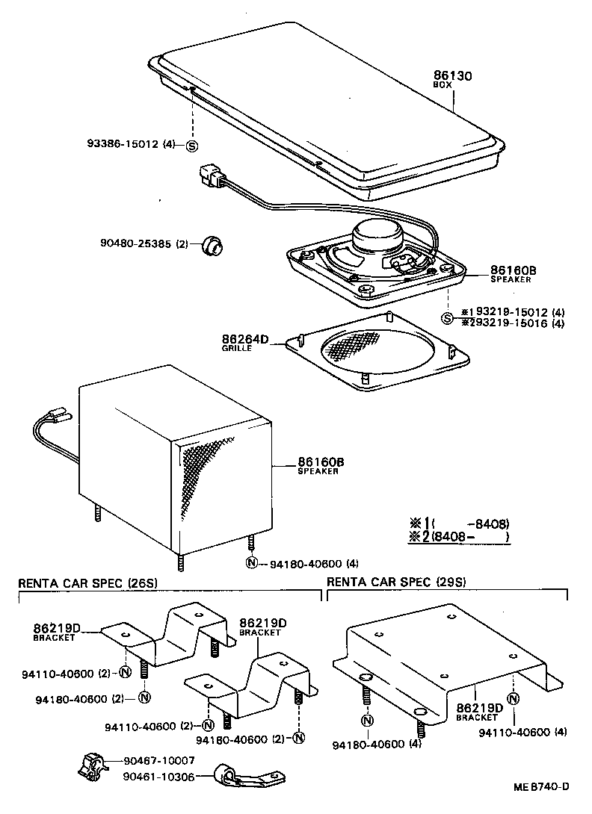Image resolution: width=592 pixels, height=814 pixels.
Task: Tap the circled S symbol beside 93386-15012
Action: click(191, 145)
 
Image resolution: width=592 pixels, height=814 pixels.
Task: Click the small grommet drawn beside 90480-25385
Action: click(212, 244)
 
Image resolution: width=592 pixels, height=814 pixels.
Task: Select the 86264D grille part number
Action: click(244, 339)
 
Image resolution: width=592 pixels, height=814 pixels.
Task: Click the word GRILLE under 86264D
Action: click(235, 349)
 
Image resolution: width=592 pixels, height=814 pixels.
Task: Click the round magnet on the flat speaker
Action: click(377, 237)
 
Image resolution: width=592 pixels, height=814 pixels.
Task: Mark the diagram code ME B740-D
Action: click(541, 786)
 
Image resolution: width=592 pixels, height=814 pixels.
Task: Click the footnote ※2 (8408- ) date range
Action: click(459, 537)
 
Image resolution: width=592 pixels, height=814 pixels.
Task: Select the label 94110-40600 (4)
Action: click(521, 732)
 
